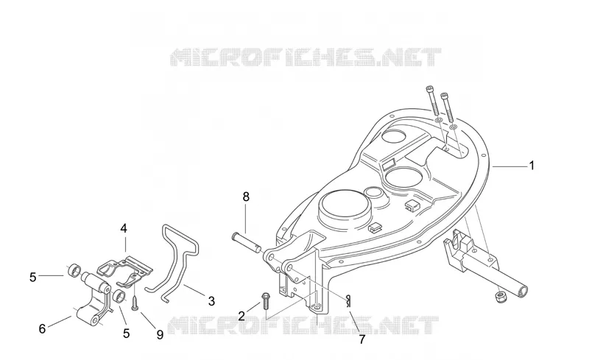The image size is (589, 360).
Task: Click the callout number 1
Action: (x=531, y=166)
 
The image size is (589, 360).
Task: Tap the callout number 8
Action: (x=246, y=197)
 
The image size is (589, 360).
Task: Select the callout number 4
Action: (x=124, y=228)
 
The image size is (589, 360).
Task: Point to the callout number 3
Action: (x=211, y=301)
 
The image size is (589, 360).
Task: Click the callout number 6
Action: (x=43, y=329)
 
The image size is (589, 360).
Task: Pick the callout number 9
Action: (x=160, y=334)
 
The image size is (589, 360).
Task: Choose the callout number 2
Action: (x=241, y=316)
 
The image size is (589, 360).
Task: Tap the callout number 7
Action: (x=362, y=339)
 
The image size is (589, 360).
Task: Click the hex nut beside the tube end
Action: (x=501, y=297)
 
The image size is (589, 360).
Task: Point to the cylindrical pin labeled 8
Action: (x=247, y=244)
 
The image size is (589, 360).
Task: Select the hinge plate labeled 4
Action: (x=125, y=269)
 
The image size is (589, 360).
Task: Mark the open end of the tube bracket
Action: (x=522, y=290)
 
